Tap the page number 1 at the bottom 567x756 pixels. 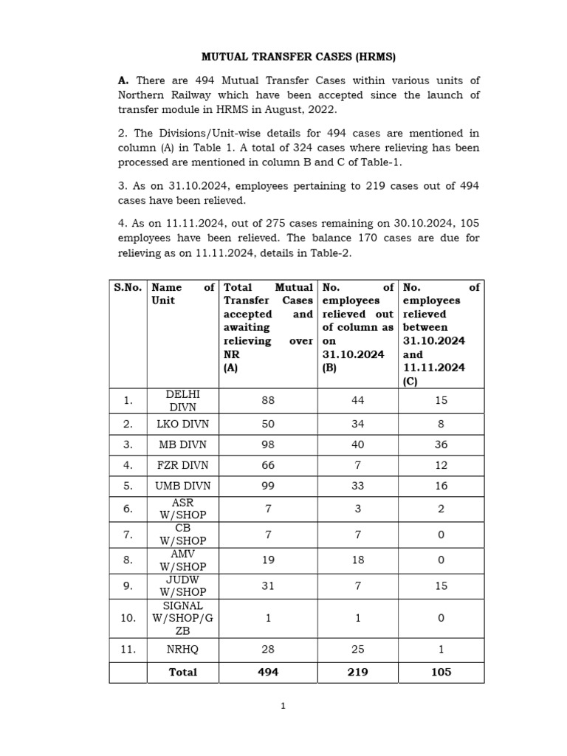pos(282,706)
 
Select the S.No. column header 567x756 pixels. pos(128,287)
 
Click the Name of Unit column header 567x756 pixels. pos(182,294)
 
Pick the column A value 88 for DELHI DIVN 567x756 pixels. pos(268,400)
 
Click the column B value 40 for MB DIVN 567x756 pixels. pos(357,444)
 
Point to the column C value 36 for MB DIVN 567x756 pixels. pos(441,444)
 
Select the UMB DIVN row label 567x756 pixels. pos(183,486)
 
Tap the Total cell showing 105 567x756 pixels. pos(441,672)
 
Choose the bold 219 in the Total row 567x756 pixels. pos(357,672)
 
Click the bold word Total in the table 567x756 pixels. pos(183,672)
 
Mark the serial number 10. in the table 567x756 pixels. pos(128,617)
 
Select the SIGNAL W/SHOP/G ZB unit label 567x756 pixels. pos(183,617)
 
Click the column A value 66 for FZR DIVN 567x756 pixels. pos(268,465)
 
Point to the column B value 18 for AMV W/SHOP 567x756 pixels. pos(357,560)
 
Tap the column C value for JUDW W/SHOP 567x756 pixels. pos(441,585)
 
